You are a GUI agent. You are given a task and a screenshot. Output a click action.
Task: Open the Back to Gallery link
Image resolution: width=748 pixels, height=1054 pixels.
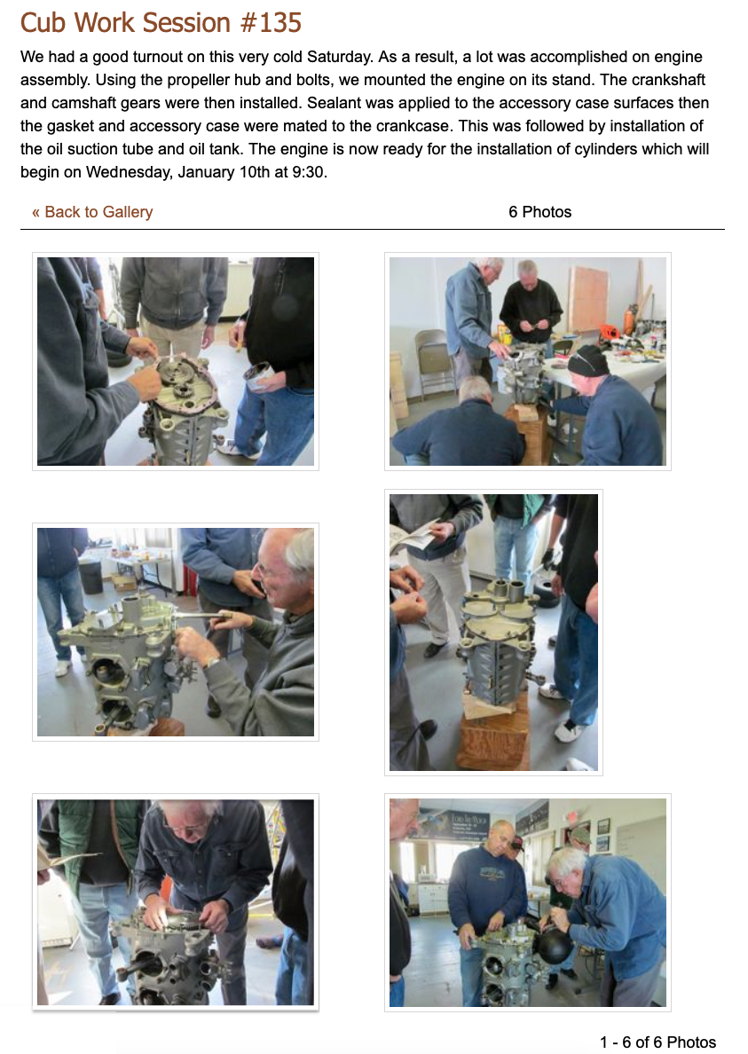point(92,212)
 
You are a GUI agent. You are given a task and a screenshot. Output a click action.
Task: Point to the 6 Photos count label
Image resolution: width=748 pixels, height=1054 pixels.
point(539,212)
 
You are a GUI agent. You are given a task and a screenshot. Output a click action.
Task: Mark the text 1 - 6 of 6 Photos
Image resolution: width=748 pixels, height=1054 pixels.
point(658,1042)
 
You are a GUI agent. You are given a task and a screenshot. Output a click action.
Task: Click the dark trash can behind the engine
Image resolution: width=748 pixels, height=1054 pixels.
point(91,577)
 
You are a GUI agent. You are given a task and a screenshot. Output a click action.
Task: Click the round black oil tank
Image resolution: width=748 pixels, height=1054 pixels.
point(553,946)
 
